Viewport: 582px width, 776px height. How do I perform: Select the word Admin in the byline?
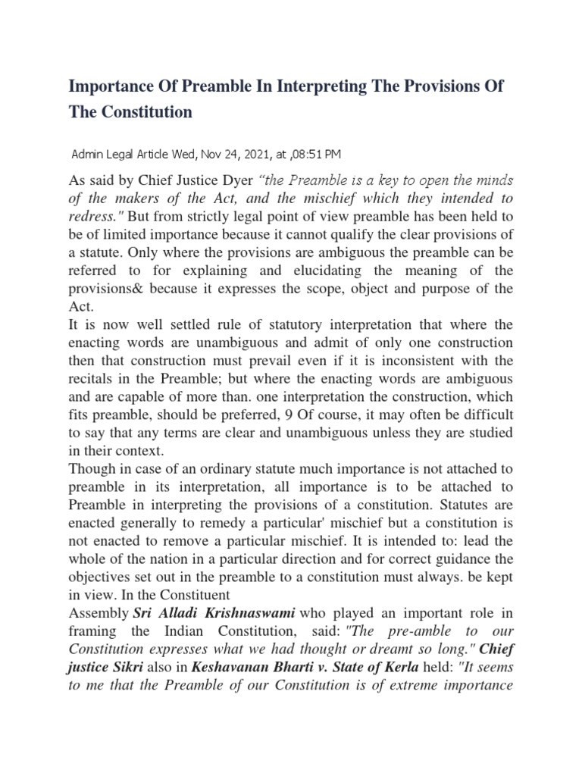pyautogui.click(x=86, y=155)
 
